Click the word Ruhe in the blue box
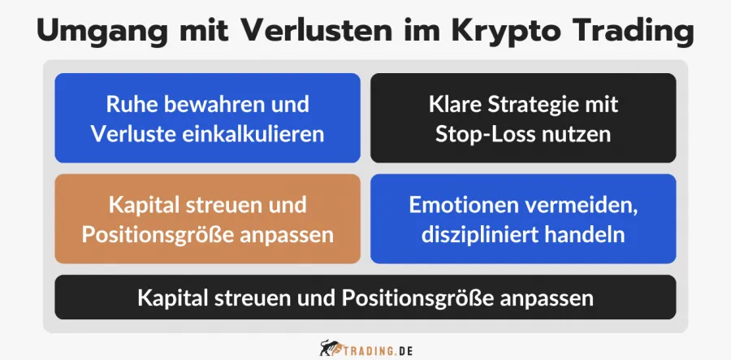tap(130, 105)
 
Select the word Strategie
tap(539, 105)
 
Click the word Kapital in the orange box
tap(144, 206)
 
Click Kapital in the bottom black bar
tap(172, 297)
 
